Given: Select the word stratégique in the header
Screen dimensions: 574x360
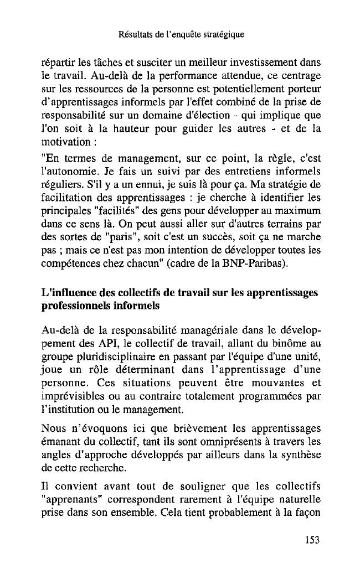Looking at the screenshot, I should pos(225,35).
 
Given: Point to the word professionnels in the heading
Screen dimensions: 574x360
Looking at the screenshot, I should pos(78,305).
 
